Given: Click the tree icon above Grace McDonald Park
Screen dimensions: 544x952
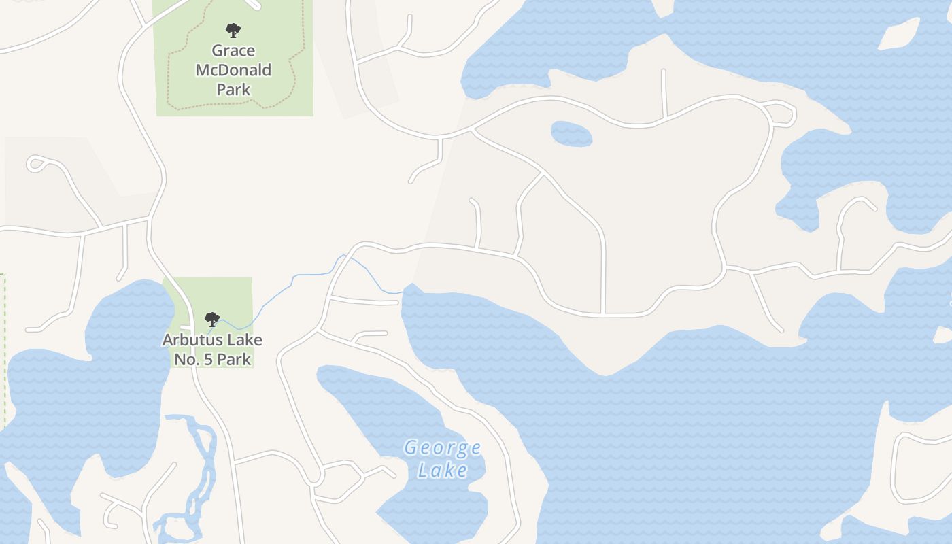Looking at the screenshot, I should pyautogui.click(x=233, y=31).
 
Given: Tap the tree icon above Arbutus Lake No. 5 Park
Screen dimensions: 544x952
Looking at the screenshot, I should pyautogui.click(x=212, y=319).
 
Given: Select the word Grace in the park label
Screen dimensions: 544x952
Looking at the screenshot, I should pyautogui.click(x=233, y=51).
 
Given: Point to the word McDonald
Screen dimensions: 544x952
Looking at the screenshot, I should pyautogui.click(x=233, y=70).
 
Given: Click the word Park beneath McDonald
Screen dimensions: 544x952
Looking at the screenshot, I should pyautogui.click(x=233, y=89).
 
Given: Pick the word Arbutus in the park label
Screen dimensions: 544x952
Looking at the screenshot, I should pyautogui.click(x=189, y=339).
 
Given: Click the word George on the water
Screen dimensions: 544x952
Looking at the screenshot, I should pyautogui.click(x=442, y=447).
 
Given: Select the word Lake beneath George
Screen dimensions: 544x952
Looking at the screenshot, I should pyautogui.click(x=442, y=470).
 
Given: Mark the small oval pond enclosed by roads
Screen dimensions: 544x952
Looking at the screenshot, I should pyautogui.click(x=571, y=134).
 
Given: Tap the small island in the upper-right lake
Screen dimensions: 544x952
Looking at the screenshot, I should pyautogui.click(x=899, y=34).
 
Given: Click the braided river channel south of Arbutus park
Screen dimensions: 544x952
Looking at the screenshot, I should pyautogui.click(x=201, y=469).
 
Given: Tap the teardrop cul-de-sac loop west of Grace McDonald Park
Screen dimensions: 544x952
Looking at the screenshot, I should pyautogui.click(x=35, y=163).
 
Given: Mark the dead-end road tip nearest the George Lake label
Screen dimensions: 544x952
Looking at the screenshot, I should pyautogui.click(x=393, y=475).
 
